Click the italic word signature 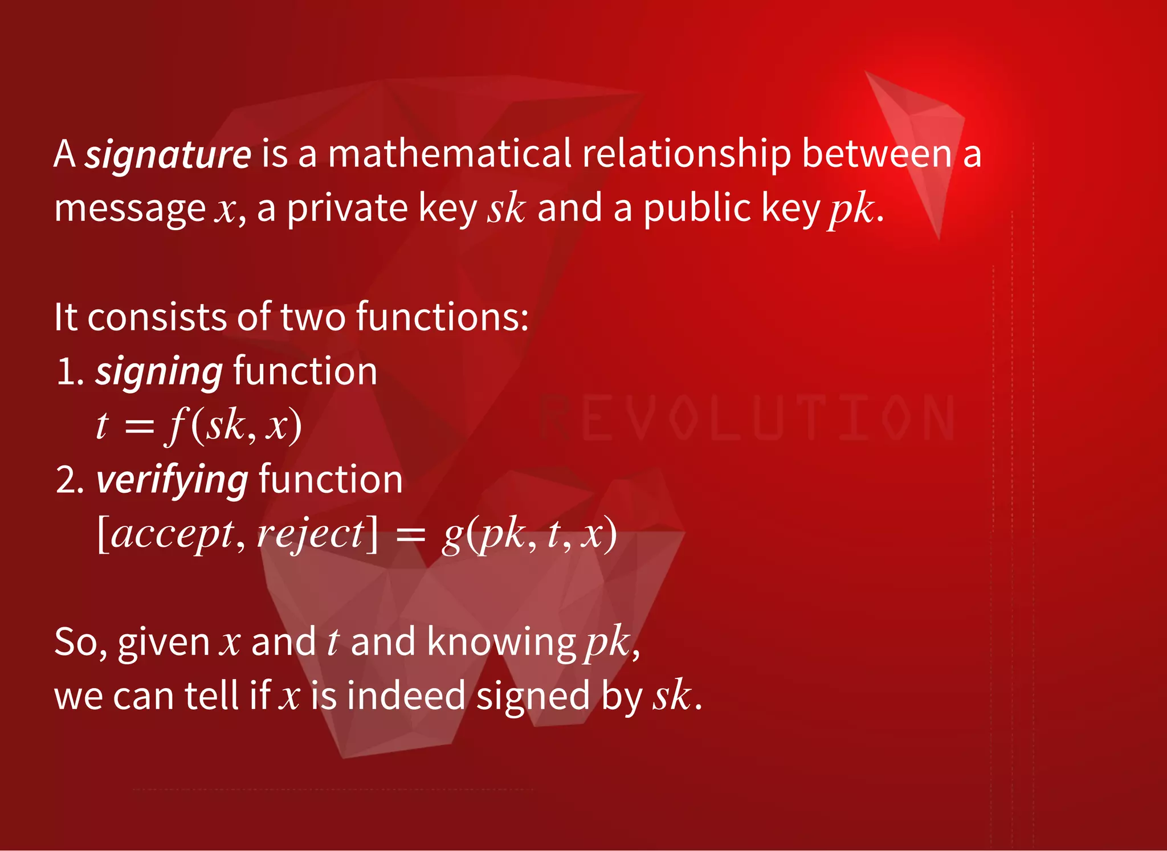click(x=168, y=155)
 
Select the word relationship click(x=686, y=155)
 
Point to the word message click(x=129, y=210)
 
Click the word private click(x=347, y=208)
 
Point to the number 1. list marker click(x=70, y=372)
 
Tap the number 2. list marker click(x=70, y=480)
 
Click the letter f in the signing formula click(x=175, y=425)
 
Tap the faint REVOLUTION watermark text click(x=746, y=419)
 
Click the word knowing click(x=501, y=642)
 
